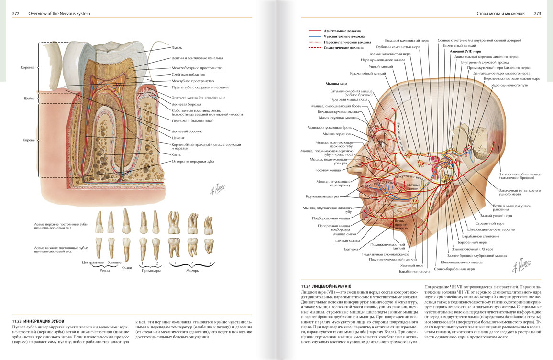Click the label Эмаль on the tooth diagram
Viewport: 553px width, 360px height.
[x=177, y=48]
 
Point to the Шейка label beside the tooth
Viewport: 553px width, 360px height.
[x=30, y=99]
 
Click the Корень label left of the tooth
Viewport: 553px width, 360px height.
[x=29, y=140]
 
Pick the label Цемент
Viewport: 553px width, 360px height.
[x=178, y=138]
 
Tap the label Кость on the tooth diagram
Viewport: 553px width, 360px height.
[x=176, y=155]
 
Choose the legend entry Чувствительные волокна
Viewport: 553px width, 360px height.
[x=344, y=36]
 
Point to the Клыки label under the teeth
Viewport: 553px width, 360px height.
[x=127, y=268]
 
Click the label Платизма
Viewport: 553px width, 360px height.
[x=349, y=249]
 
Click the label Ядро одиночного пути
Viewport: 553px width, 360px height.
[x=509, y=85]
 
